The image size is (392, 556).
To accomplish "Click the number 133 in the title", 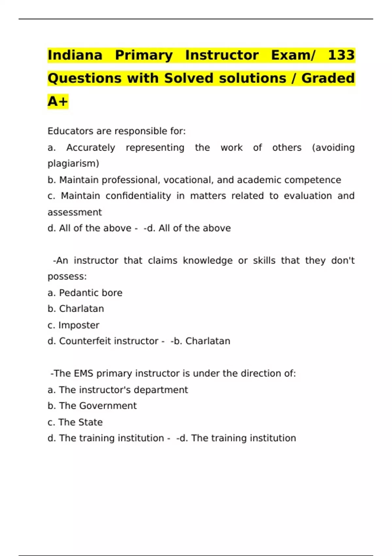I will [x=341, y=55].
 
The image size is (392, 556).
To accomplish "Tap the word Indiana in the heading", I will [x=75, y=55].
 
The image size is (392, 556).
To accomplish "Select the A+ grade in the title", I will [x=58, y=101].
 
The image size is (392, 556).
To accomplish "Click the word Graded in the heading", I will [x=328, y=78].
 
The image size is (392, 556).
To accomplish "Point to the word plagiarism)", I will [x=73, y=164].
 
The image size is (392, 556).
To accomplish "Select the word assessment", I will [x=75, y=212].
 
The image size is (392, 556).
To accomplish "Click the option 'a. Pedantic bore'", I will [x=85, y=293].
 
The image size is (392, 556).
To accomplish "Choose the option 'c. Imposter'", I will [x=73, y=325].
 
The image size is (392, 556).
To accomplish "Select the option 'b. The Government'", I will [x=92, y=406].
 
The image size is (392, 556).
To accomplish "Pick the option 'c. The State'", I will [x=75, y=422].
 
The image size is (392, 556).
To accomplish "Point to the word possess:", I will [x=67, y=277].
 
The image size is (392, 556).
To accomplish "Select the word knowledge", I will [x=207, y=261].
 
